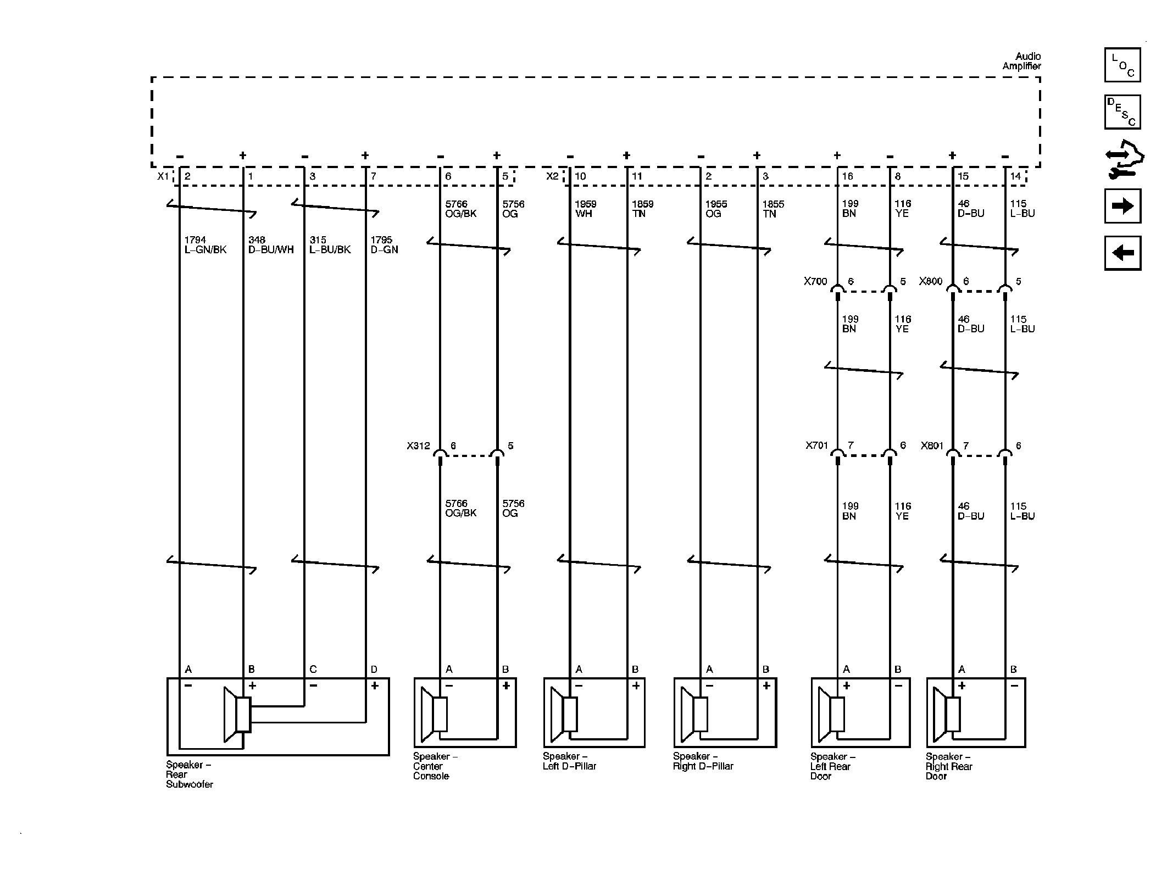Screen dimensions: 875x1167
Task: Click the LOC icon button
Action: pyautogui.click(x=1122, y=65)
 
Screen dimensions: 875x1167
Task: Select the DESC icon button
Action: pyautogui.click(x=1122, y=112)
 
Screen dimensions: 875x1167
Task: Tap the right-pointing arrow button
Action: pyautogui.click(x=1122, y=206)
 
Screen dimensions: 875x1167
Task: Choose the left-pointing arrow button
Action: pyautogui.click(x=1122, y=253)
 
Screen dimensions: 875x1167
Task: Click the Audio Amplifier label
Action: pyautogui.click(x=1021, y=61)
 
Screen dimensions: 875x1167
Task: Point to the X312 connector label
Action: pyautogui.click(x=418, y=446)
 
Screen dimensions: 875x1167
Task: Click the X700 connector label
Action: pyautogui.click(x=815, y=281)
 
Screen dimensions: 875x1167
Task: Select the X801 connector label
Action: pyautogui.click(x=932, y=446)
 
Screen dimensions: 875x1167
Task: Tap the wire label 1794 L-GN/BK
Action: pyautogui.click(x=205, y=245)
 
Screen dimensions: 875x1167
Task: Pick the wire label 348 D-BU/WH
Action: pyautogui.click(x=270, y=245)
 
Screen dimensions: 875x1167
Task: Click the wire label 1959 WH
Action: pyautogui.click(x=585, y=209)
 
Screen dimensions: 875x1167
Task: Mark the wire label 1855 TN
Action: pyautogui.click(x=773, y=209)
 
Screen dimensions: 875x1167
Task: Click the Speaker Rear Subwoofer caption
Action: pyautogui.click(x=190, y=774)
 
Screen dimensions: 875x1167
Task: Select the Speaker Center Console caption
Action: pyautogui.click(x=435, y=766)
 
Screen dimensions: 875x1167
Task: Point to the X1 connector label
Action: pyautogui.click(x=163, y=176)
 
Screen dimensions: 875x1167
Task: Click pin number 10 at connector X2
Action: pyautogui.click(x=580, y=176)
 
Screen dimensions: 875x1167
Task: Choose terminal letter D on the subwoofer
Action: pyautogui.click(x=374, y=669)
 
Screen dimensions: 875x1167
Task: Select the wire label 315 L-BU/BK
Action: pyautogui.click(x=330, y=245)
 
